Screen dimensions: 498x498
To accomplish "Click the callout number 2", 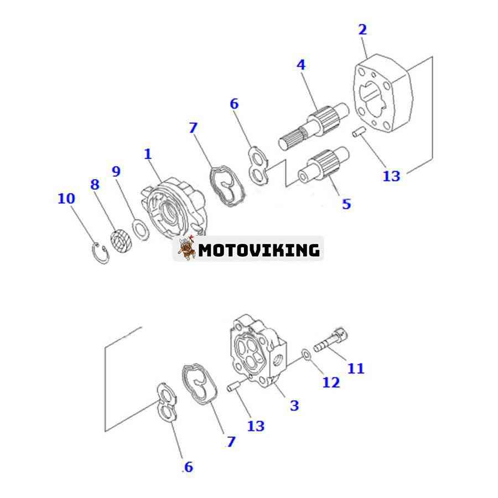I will coord(362,30).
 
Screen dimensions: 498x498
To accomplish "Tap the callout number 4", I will coord(301,65).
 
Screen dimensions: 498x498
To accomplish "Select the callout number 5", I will coord(346,204).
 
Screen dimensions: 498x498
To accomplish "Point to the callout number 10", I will coord(66,198).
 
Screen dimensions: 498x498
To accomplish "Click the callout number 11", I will coord(356,367).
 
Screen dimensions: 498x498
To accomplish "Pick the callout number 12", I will coord(331,382).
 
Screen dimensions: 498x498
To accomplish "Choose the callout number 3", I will coord(294,405).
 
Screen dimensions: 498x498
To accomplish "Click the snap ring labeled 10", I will coord(100,253).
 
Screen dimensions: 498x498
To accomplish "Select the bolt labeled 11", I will coord(331,341).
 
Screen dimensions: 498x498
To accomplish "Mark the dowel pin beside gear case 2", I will coord(359,133).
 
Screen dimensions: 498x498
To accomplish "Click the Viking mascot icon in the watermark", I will coord(187,249).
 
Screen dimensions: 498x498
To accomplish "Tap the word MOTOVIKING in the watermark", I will coord(259,250).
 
